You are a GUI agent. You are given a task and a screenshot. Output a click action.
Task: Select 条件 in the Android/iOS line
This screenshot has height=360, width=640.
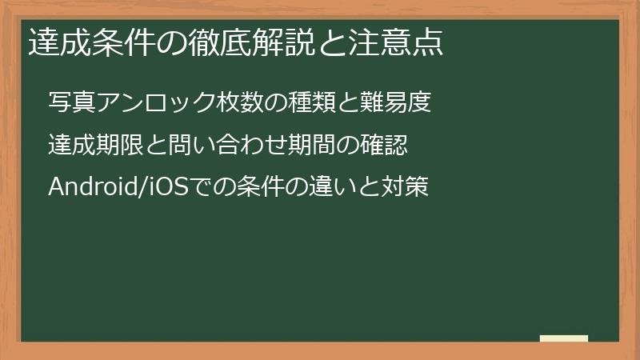241,187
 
